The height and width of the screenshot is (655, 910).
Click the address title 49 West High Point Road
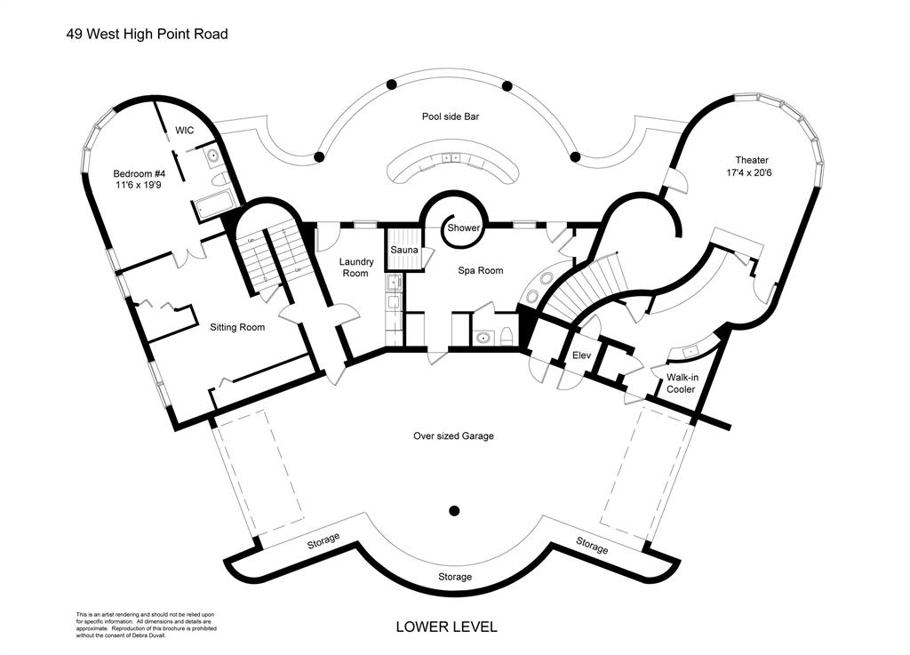click(x=148, y=35)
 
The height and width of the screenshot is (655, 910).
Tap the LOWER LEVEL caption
click(x=446, y=627)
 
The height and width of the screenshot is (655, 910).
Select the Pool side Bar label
click(x=451, y=116)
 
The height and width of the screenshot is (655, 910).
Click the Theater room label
click(x=751, y=160)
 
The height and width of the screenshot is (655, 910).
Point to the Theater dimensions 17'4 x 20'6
click(x=751, y=174)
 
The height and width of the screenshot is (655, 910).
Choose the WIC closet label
click(x=185, y=131)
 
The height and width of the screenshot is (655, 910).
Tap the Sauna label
click(x=404, y=250)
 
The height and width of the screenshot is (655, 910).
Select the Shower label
click(x=463, y=228)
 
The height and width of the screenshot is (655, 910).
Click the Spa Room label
click(x=481, y=270)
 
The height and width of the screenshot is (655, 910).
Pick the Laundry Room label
click(x=355, y=268)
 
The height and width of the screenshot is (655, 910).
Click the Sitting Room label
click(x=237, y=327)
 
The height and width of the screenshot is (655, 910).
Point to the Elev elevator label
click(x=582, y=355)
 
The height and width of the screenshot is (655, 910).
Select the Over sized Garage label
click(x=453, y=435)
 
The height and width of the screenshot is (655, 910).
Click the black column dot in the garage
click(x=454, y=510)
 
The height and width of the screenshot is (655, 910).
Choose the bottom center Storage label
click(x=455, y=577)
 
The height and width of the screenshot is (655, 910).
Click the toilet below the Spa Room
click(x=506, y=337)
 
